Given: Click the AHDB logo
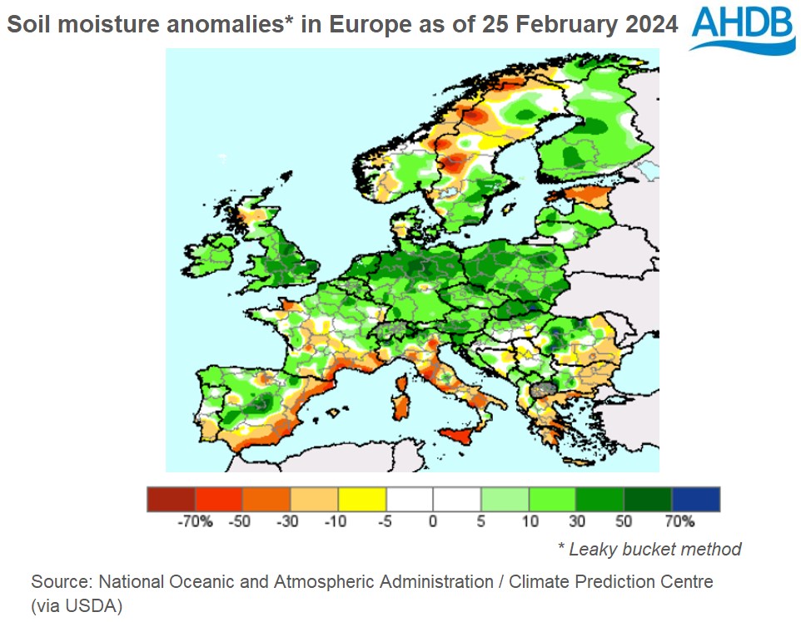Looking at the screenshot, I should [x=743, y=29].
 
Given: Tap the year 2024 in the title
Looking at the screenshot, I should [x=650, y=25].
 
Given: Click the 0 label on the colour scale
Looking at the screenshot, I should [x=433, y=522].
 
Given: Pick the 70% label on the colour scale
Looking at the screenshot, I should [x=679, y=522].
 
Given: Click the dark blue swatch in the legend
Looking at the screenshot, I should [x=696, y=499].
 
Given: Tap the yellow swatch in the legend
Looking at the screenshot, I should [x=362, y=499].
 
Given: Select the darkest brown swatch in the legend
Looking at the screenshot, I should [x=171, y=499].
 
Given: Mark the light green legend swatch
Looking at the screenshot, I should [x=505, y=499].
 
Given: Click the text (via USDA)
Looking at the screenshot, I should [x=77, y=606].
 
